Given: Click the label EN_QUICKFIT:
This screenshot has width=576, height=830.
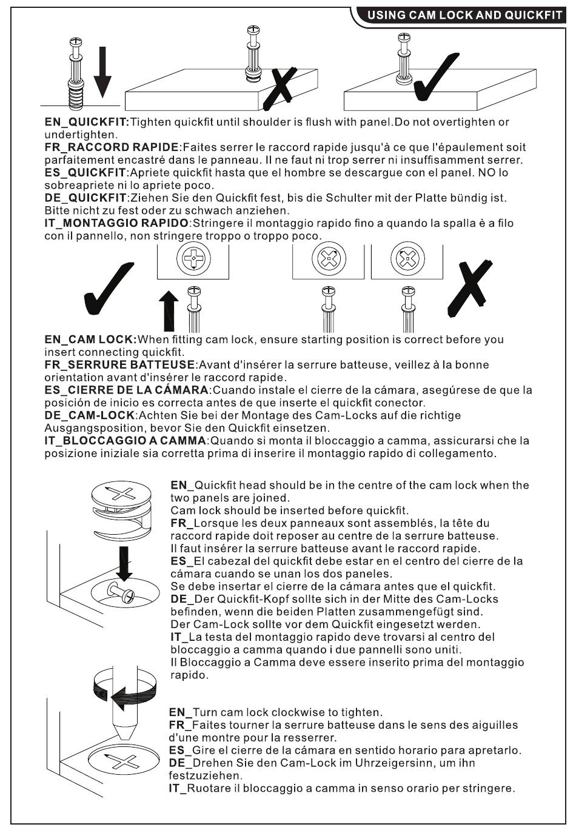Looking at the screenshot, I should point(87,122).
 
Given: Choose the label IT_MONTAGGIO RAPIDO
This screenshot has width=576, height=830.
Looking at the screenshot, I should point(117,223).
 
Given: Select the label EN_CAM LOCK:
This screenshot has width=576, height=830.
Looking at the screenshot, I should point(91,340).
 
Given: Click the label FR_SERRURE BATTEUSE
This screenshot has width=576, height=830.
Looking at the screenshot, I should point(119,365).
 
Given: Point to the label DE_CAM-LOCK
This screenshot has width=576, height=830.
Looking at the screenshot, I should point(89,415).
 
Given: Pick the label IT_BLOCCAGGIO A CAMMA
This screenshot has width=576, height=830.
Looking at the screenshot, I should point(126,441).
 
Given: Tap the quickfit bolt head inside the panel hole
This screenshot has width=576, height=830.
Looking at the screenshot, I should point(117,589).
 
